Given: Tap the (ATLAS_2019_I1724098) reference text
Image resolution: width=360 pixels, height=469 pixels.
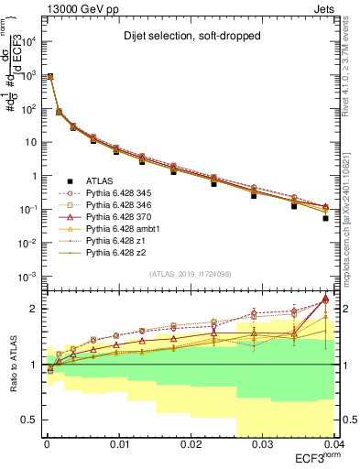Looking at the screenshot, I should pyautogui.click(x=190, y=274).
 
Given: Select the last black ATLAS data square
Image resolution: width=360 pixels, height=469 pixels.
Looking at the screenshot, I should pyautogui.click(x=326, y=219).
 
